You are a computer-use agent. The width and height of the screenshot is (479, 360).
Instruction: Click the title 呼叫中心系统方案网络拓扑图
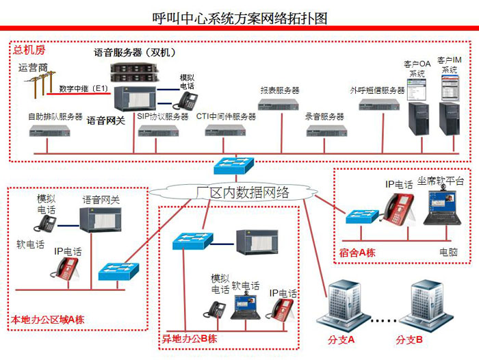(x=239, y=18)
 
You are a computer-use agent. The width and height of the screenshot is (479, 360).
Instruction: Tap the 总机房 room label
(x=29, y=50)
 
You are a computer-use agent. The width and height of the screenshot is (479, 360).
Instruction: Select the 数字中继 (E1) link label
(x=83, y=88)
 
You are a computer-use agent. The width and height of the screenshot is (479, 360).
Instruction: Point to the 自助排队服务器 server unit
(x=50, y=131)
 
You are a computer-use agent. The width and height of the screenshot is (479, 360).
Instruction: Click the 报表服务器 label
(x=280, y=90)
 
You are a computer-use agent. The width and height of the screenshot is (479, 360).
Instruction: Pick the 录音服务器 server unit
(x=327, y=131)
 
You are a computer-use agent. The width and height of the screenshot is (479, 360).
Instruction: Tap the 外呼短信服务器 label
(x=377, y=90)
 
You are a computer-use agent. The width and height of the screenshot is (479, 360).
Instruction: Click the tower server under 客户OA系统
(x=419, y=118)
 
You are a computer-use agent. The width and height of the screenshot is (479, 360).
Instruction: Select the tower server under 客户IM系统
(x=450, y=118)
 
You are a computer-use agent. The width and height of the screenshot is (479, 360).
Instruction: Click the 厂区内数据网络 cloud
(x=234, y=192)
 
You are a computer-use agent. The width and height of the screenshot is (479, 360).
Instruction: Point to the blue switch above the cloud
(x=234, y=166)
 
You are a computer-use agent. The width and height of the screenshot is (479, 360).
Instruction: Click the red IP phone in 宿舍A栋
(x=399, y=208)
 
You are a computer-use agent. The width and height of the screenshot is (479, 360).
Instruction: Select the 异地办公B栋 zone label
(x=190, y=339)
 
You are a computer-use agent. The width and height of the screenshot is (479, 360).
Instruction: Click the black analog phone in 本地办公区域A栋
(x=46, y=224)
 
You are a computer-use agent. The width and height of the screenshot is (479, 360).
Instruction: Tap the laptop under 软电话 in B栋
(x=246, y=307)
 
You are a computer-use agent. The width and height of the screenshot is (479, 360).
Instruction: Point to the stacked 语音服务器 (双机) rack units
(x=135, y=73)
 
